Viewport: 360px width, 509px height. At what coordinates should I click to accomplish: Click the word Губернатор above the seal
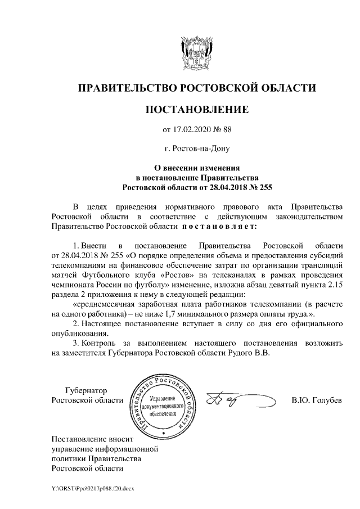pyautogui.click(x=86, y=390)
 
